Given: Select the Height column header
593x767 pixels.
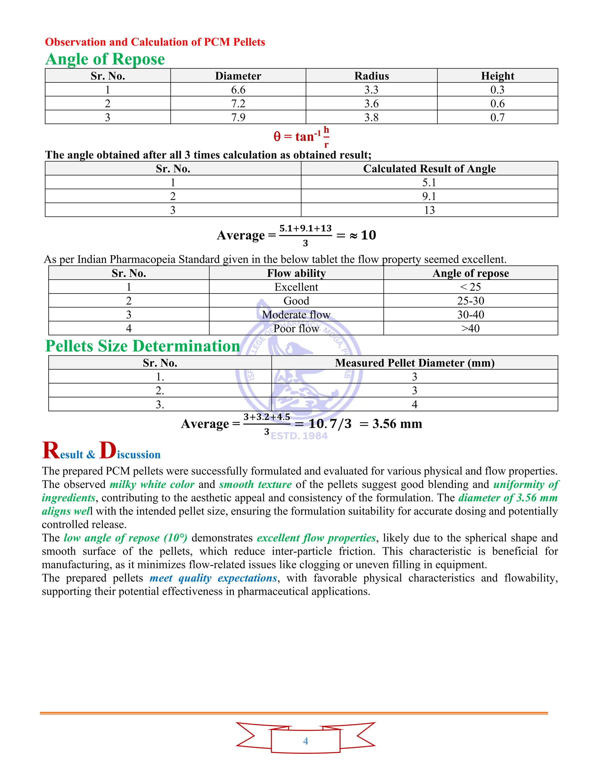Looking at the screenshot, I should pos(497,76).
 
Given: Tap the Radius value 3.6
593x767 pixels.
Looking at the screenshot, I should pos(371,104).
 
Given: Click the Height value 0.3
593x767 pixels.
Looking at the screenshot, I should pos(497,90).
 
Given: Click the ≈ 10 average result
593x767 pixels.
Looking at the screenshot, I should pos(363,235).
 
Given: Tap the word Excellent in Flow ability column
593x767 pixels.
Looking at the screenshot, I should pos(296,287).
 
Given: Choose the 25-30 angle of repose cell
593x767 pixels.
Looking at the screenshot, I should pos(471,301).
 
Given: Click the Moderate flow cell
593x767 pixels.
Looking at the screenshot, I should pos(296,315).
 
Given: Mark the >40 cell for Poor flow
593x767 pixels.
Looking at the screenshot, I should pos(471,329).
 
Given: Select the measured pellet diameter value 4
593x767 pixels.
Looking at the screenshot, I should pos(415,404).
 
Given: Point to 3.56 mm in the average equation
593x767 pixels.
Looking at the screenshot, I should pos(397,424).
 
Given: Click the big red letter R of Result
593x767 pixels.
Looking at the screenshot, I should pos(51,451).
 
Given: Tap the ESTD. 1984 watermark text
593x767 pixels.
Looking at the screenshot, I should pos(299,436).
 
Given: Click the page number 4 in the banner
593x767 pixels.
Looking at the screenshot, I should pos(305,741).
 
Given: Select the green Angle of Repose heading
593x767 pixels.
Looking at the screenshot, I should pos(105,59).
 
